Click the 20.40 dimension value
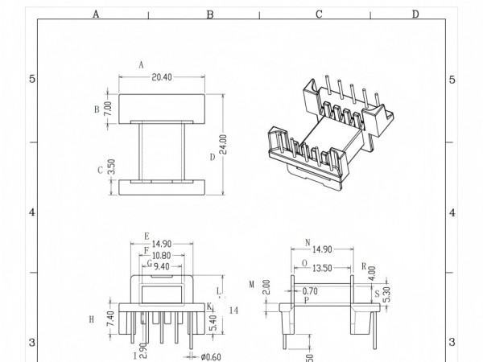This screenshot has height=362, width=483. (161, 77)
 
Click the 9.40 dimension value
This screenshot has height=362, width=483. (163, 266)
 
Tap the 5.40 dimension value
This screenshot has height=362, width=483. (213, 321)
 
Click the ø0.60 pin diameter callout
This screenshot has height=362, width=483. (211, 356)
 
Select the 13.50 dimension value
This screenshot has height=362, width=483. (321, 269)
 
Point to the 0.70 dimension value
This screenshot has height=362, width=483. (310, 290)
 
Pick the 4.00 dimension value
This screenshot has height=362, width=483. (373, 273)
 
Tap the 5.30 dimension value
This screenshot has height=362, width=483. (388, 296)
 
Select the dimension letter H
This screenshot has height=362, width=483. (92, 319)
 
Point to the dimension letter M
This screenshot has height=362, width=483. (251, 284)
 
